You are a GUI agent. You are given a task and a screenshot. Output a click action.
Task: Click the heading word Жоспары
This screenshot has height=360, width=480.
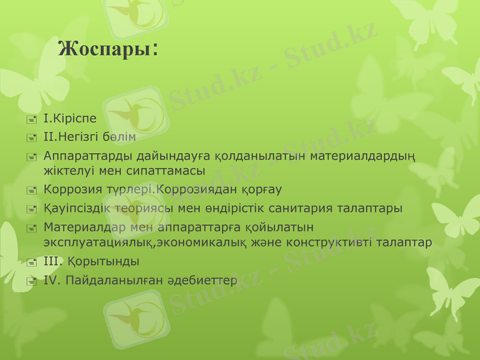(104, 49)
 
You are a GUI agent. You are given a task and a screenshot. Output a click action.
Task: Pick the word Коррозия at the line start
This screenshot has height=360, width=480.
(69, 190)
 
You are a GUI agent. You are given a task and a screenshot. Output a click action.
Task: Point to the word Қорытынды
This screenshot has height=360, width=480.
(103, 261)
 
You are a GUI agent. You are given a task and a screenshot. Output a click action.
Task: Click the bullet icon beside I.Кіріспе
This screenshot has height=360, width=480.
(31, 119)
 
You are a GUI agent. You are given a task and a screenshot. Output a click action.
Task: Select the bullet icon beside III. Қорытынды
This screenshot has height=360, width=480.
(31, 262)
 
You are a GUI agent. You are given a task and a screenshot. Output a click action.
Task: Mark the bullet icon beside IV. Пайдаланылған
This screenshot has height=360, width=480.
(31, 281)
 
